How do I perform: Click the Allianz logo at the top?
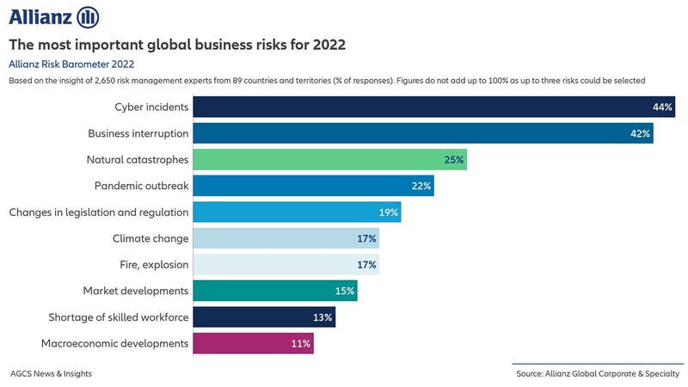(54, 16)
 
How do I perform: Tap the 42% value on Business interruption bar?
(641, 133)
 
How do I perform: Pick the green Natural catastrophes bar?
(329, 159)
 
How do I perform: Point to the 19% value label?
(389, 212)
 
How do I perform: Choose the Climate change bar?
(286, 238)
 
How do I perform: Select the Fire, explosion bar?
(286, 265)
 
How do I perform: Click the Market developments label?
(135, 291)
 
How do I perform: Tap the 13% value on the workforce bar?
(322, 317)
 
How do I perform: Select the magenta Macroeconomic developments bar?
(253, 343)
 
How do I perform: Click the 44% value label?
(662, 107)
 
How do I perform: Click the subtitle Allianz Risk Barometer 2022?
(71, 64)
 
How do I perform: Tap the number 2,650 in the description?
(115, 80)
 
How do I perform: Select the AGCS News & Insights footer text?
(51, 373)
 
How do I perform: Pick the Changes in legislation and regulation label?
(98, 212)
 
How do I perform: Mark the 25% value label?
(454, 160)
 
